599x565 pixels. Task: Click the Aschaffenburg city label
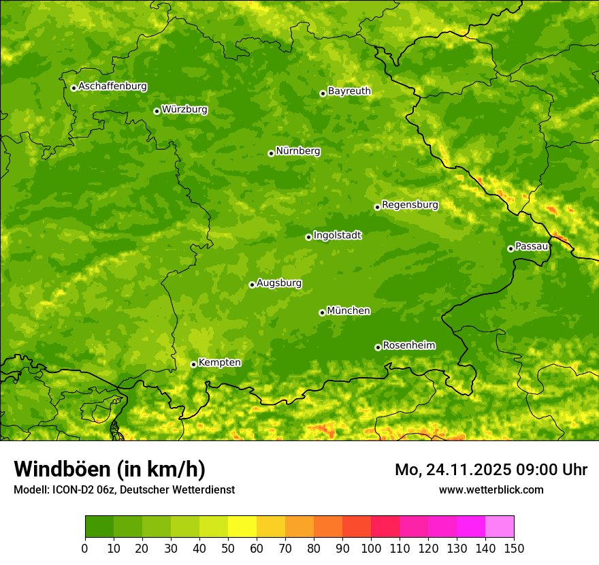[x=112, y=86]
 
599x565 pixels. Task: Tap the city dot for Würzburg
[x=157, y=111]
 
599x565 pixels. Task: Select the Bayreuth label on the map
[x=349, y=91]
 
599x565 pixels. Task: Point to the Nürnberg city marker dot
[x=271, y=153]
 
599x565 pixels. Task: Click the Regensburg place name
[x=410, y=205]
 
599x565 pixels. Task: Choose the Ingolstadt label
[x=337, y=236]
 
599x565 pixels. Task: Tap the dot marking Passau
[x=511, y=248]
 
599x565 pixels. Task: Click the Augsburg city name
[x=279, y=283]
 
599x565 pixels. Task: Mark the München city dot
[x=322, y=312]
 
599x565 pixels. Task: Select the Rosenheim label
[x=408, y=345]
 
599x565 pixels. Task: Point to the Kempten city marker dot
[x=193, y=364]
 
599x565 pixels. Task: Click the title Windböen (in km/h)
[x=110, y=470]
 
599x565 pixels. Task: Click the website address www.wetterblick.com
[x=491, y=489]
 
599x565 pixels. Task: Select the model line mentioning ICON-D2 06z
[x=124, y=489]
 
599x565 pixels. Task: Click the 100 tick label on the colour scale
[x=371, y=547]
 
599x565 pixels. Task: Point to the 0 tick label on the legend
[x=85, y=547]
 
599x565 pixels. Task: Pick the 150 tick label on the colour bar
[x=514, y=547]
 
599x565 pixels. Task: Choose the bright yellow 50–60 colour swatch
[x=242, y=527]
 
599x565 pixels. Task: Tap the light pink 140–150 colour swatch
[x=500, y=527]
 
